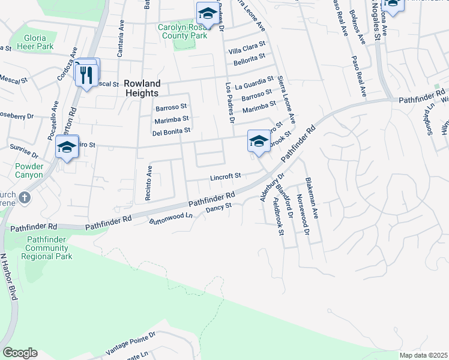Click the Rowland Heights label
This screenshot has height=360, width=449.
[x=142, y=89]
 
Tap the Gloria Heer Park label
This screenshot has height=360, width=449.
[x=36, y=41]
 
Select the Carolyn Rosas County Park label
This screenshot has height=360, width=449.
[x=183, y=31]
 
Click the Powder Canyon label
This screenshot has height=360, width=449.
[x=29, y=170]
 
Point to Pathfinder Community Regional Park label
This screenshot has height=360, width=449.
[x=46, y=248]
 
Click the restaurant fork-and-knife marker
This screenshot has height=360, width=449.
[x=86, y=74]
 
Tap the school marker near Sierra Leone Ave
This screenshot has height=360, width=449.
[x=259, y=142]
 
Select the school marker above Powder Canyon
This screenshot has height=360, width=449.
[x=67, y=147]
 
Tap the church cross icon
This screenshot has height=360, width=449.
[x=24, y=197]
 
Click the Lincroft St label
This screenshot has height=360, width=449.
[x=225, y=176]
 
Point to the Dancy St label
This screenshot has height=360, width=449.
[x=218, y=208]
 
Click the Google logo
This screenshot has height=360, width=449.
[x=20, y=353]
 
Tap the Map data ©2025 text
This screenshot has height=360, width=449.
[x=423, y=355]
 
